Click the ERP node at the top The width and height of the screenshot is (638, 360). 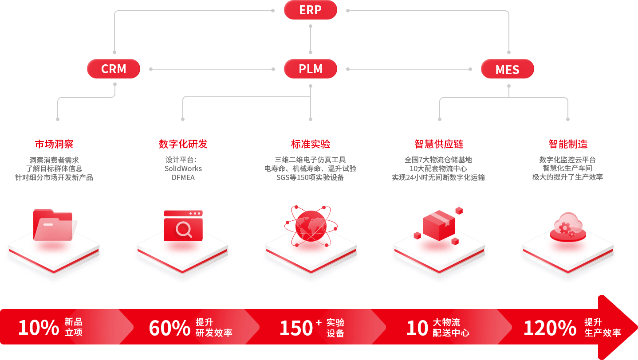point(310,10)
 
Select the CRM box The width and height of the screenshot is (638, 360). point(114,69)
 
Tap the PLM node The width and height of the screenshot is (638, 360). point(310,69)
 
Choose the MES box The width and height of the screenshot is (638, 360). point(507,70)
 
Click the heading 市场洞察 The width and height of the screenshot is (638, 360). point(54,144)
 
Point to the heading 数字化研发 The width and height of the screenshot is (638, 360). point(183,144)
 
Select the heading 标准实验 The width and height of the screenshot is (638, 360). point(311,144)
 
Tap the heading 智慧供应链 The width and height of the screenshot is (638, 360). point(439,144)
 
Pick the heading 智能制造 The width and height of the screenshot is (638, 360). point(568,144)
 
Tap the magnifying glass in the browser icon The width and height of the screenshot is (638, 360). point(183,229)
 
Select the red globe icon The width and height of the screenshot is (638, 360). point(311,226)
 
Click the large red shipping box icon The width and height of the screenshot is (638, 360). point(439,225)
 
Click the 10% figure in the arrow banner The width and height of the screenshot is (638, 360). point(39,328)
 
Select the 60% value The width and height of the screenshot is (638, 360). point(169,328)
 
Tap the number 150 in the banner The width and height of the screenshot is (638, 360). point(296,328)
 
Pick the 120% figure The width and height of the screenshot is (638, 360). point(550,328)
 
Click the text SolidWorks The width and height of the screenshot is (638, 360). point(183,168)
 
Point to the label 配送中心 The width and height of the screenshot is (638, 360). point(451,333)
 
